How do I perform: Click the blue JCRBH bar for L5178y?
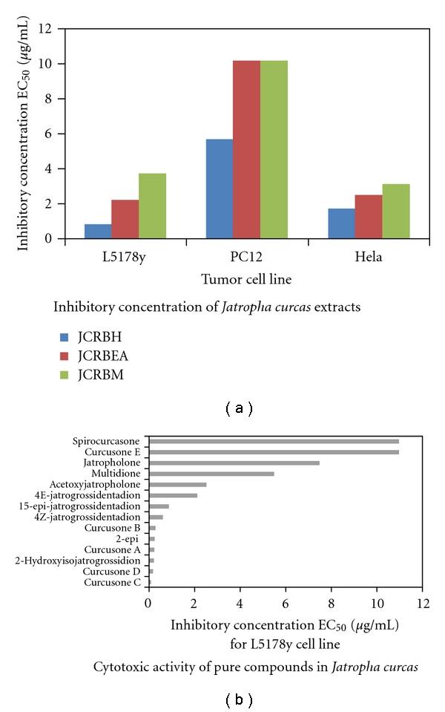coord(98,231)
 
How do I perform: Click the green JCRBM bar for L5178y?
coord(152,206)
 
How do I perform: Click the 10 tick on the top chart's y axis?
coord(50,64)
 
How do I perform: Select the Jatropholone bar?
coord(234,463)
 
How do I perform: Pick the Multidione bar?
coord(211,473)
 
